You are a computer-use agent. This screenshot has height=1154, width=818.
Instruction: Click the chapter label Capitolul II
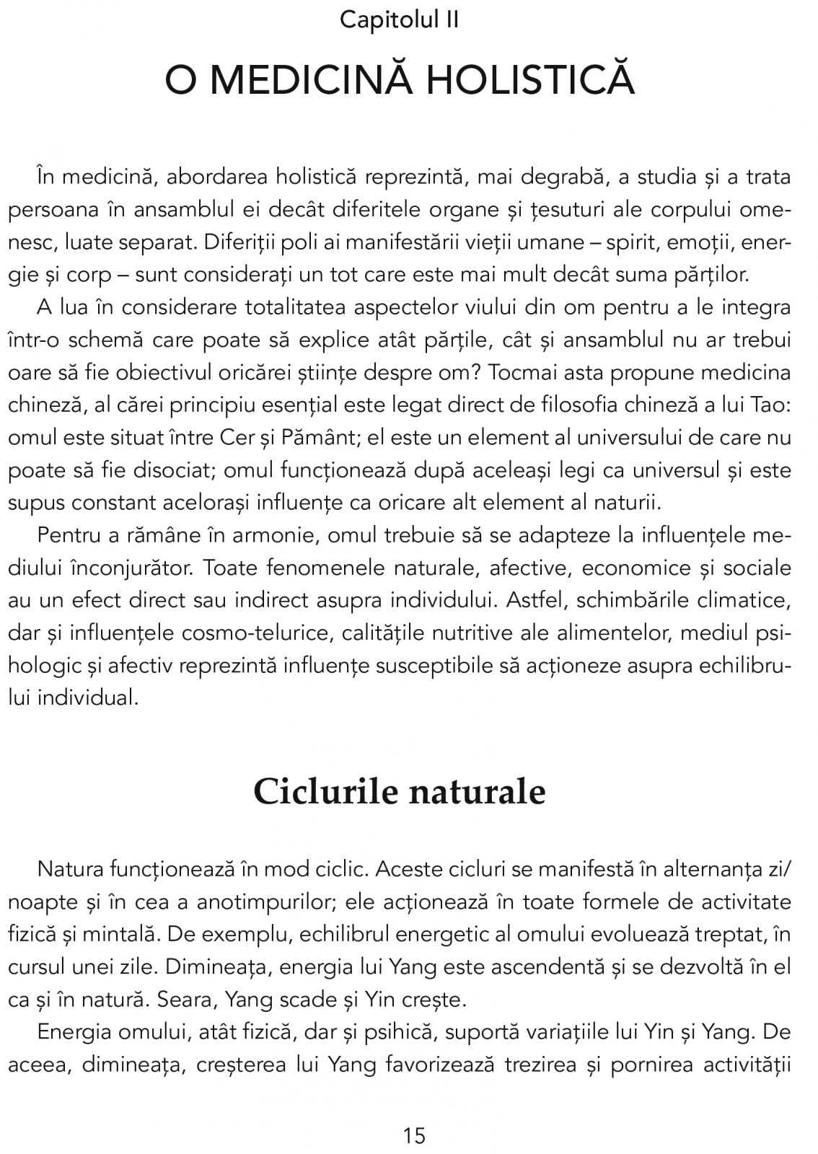coord(399,20)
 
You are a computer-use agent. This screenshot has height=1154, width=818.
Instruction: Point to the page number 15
coord(415,1137)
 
